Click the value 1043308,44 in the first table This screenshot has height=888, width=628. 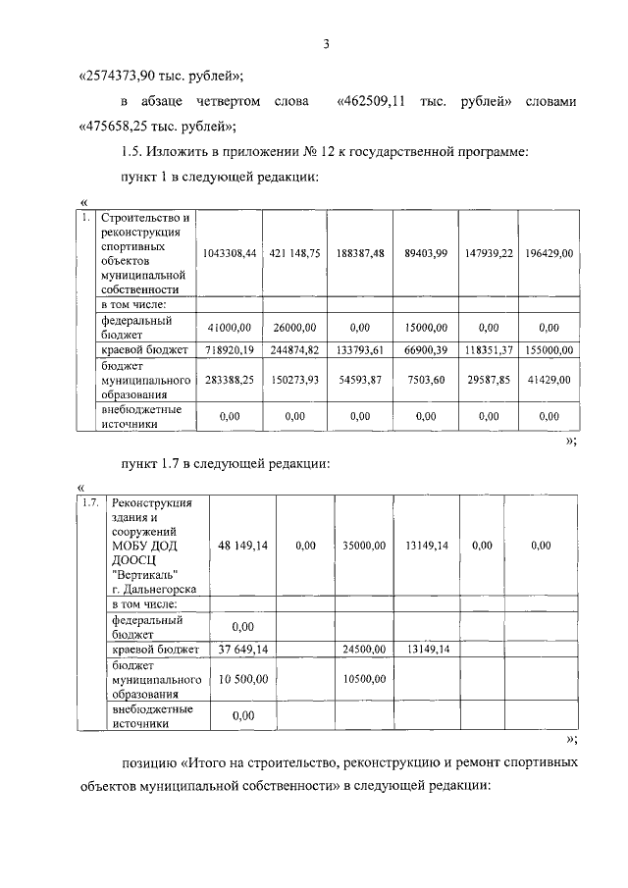230,253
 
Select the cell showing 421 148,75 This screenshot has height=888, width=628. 294,253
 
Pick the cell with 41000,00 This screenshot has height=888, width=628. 230,328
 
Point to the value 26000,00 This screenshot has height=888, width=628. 294,328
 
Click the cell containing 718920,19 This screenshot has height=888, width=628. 230,349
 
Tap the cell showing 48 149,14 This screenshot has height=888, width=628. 242,545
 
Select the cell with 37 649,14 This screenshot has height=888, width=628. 242,649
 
